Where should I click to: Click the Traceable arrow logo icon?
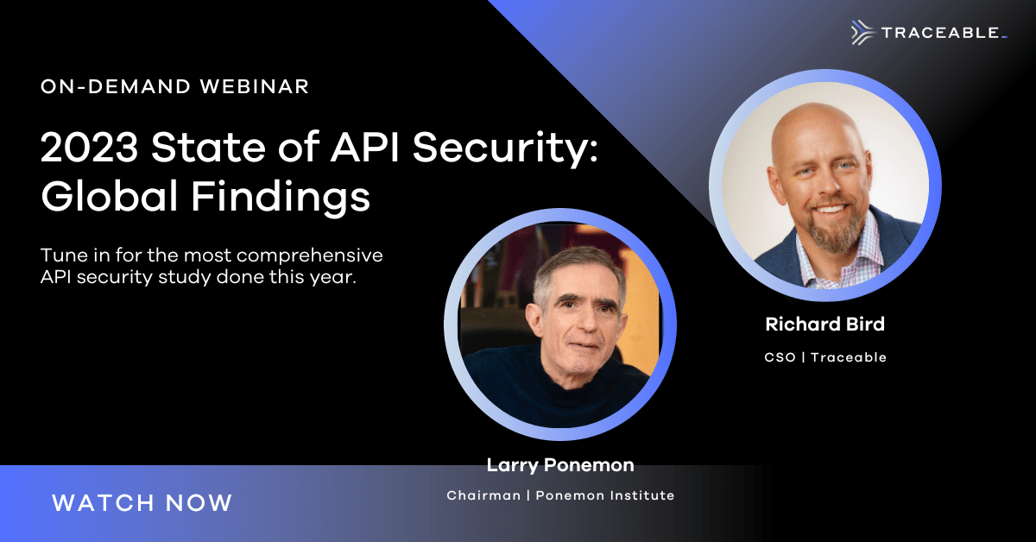[862, 33]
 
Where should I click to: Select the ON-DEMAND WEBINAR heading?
[174, 86]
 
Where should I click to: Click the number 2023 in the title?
[89, 147]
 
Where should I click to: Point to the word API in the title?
[364, 147]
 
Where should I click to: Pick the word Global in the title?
[110, 195]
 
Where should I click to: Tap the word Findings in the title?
[281, 198]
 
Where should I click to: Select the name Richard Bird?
[824, 325]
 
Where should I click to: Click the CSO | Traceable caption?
[825, 357]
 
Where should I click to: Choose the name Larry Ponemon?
[560, 465]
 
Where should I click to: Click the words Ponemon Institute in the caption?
[605, 495]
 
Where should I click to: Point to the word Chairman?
[483, 495]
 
